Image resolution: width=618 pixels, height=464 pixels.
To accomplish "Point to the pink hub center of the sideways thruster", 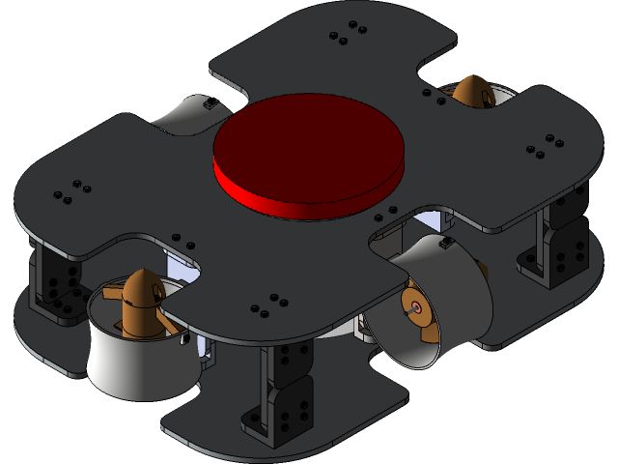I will point(416,307).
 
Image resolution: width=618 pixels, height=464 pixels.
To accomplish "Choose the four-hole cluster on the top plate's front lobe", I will point(269,304).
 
